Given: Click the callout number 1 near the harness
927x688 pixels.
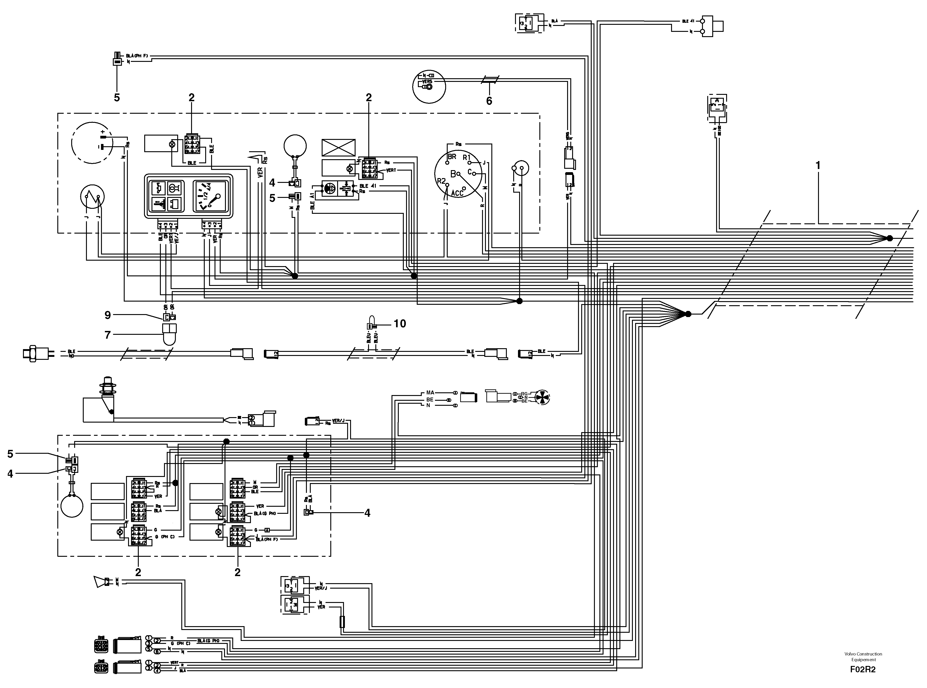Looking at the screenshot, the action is (818, 166).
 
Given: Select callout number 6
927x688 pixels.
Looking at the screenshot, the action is (489, 101).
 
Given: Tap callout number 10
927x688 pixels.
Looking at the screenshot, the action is (400, 324).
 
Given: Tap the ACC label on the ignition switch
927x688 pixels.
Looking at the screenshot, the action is (457, 193).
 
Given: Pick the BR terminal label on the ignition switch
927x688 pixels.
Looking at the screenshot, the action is (452, 157).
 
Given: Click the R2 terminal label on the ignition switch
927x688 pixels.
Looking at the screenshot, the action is (441, 181).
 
